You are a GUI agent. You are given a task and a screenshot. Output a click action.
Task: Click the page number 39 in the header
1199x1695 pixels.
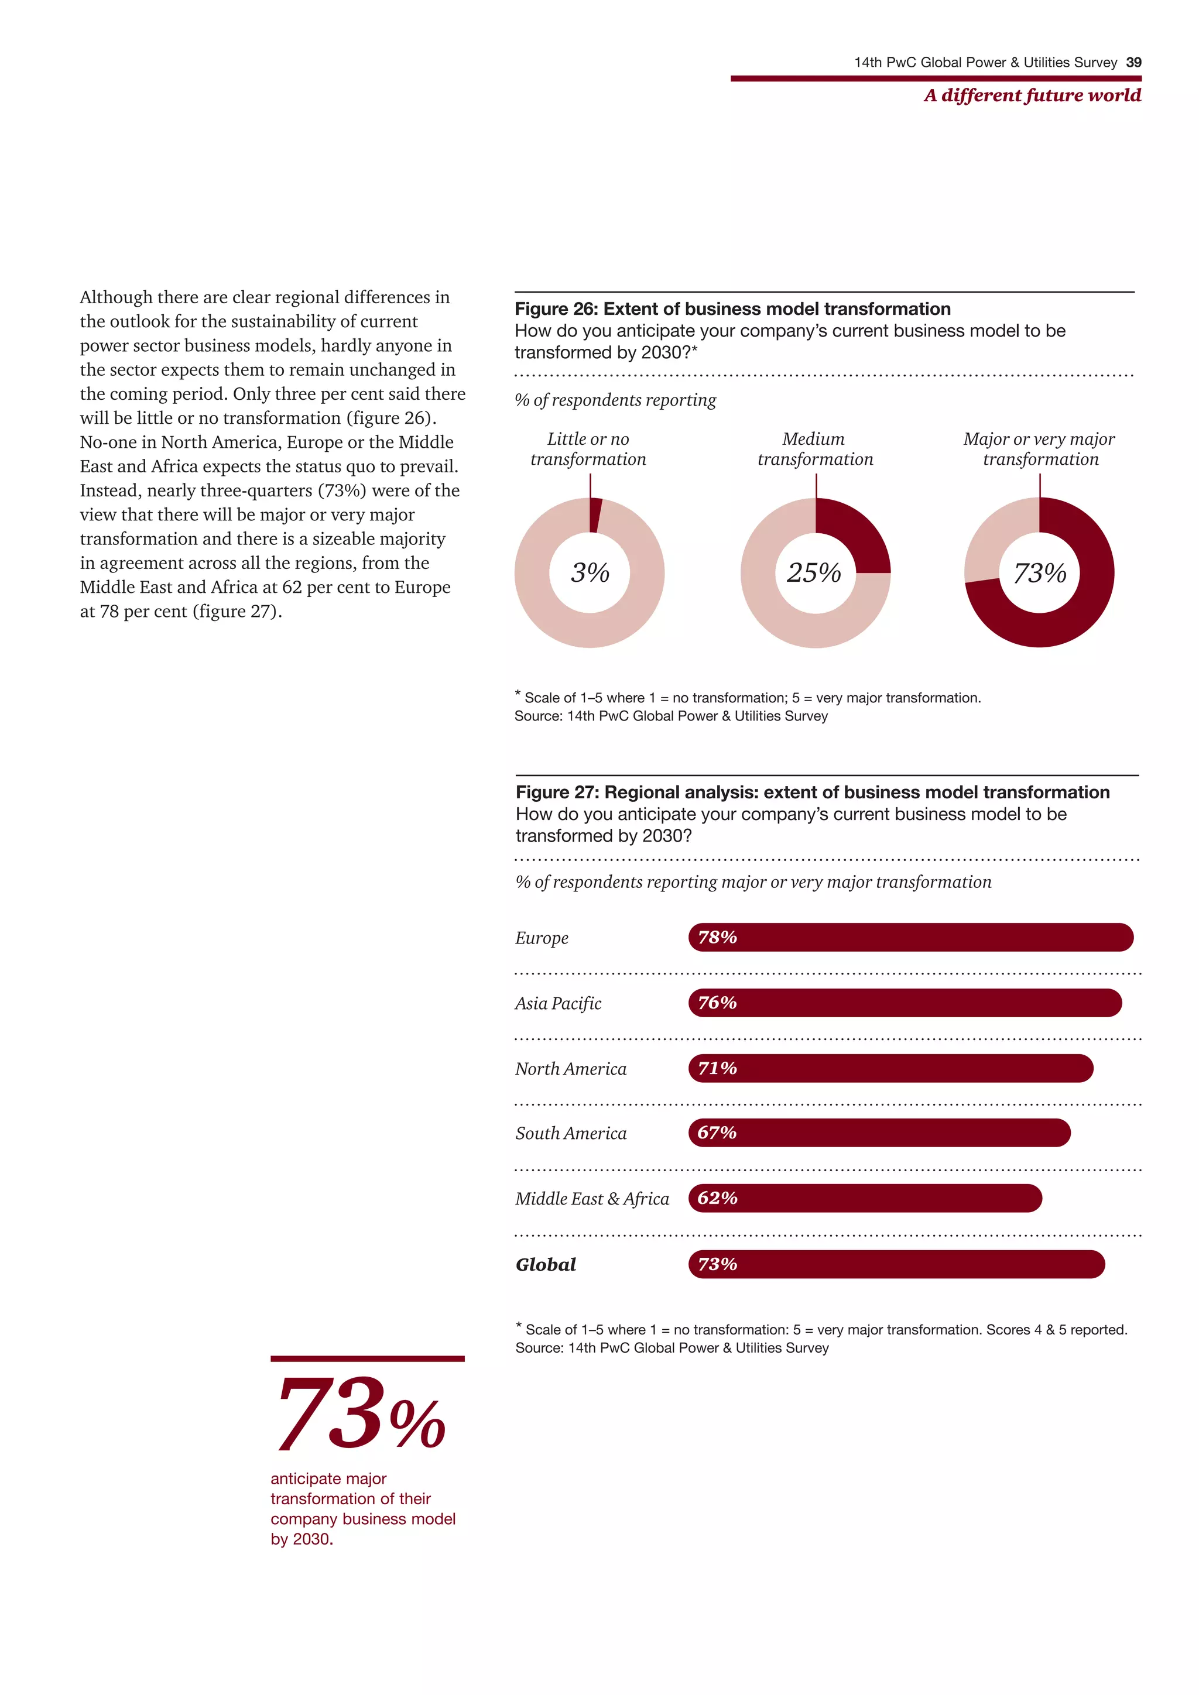(1133, 63)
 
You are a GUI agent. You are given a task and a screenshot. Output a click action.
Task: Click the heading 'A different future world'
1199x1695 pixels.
(1032, 95)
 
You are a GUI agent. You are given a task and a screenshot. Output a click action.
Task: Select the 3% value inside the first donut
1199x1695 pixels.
(590, 573)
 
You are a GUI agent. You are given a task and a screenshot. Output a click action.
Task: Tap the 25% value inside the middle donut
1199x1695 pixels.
(814, 573)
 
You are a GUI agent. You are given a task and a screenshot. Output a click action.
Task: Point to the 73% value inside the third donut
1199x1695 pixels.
(1040, 573)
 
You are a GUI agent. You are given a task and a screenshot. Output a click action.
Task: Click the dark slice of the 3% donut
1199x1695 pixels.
(595, 515)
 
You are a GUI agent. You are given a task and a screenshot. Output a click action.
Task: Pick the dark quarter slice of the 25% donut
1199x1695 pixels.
(856, 533)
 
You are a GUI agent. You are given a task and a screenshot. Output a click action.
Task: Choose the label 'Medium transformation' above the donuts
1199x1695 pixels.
(815, 449)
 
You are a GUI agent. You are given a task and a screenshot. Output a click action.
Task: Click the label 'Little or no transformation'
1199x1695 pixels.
(588, 449)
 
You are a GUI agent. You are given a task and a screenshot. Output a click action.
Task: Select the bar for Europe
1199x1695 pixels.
(910, 938)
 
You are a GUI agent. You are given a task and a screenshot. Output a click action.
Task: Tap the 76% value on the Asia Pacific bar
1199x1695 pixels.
(717, 1003)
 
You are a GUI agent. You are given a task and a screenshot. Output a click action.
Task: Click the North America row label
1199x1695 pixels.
(571, 1068)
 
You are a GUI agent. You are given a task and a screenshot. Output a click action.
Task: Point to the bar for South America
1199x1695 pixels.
(879, 1133)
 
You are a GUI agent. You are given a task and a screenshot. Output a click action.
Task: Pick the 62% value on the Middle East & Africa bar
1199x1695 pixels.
(717, 1198)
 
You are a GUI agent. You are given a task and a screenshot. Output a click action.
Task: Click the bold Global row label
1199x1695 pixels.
(546, 1265)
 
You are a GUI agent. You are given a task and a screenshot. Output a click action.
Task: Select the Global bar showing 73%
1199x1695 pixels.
(896, 1264)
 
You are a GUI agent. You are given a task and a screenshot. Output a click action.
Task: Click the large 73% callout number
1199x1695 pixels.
(360, 1415)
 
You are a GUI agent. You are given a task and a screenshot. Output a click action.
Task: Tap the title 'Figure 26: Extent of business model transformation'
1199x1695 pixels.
(732, 308)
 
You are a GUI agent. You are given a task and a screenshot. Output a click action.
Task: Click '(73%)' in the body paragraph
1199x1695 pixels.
(342, 491)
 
